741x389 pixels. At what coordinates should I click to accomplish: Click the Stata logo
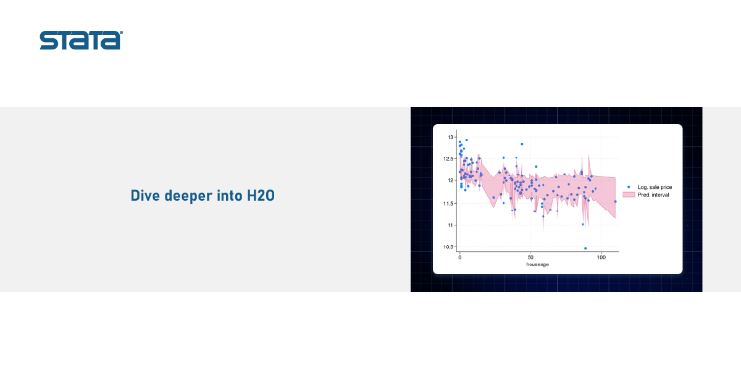(x=81, y=40)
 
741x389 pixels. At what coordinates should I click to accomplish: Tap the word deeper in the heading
(x=188, y=196)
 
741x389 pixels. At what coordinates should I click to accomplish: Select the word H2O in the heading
(x=261, y=196)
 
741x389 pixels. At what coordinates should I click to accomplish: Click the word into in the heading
(x=230, y=196)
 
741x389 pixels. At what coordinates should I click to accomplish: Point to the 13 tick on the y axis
(x=451, y=137)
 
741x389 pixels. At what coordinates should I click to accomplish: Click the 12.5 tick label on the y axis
(x=448, y=159)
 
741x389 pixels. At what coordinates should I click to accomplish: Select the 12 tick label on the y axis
(x=451, y=180)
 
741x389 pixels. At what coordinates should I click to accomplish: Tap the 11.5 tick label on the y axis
(x=448, y=203)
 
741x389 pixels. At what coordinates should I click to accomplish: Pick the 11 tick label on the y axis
(x=451, y=225)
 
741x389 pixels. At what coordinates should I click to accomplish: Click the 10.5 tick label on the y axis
(x=448, y=247)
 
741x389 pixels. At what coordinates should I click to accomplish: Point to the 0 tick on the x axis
(x=460, y=257)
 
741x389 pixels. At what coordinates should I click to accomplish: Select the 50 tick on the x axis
(x=530, y=257)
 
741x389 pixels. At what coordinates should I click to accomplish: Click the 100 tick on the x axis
(x=601, y=257)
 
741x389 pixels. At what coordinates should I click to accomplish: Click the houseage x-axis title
(x=538, y=264)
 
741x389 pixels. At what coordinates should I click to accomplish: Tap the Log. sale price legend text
(x=655, y=187)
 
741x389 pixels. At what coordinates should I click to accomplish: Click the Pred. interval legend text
(x=653, y=195)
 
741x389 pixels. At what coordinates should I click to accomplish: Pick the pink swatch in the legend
(x=629, y=195)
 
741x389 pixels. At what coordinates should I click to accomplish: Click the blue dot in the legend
(x=629, y=187)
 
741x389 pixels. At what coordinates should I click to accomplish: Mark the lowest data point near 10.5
(x=585, y=248)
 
